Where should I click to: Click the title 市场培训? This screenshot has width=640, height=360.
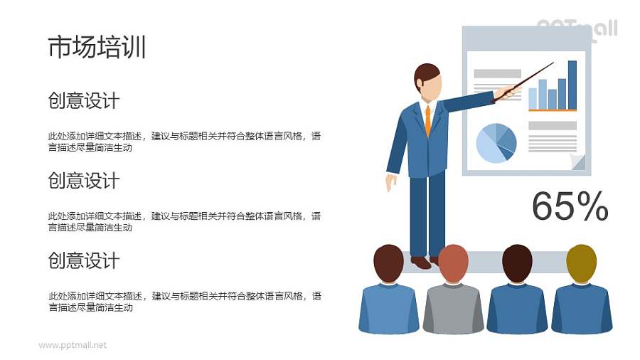[97, 47]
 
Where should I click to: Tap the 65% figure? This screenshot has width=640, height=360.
[570, 207]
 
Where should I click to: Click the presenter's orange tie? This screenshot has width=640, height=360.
[427, 120]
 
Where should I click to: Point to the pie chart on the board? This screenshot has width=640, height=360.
[496, 142]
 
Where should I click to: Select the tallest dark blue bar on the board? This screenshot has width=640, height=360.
[572, 85]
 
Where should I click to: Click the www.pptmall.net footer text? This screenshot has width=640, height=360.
[73, 345]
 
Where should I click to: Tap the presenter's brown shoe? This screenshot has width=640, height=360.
[421, 262]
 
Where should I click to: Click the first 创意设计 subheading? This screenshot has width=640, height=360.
[83, 101]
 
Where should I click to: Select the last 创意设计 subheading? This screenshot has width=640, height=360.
[83, 261]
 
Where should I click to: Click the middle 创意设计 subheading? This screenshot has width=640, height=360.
[83, 181]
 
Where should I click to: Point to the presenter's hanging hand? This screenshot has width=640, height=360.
[390, 182]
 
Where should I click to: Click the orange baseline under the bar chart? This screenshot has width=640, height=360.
[552, 110]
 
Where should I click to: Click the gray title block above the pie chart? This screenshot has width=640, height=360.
[497, 73]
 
